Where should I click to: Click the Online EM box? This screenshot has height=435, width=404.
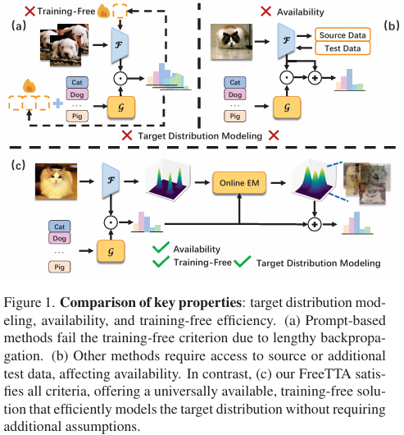pos(239,183)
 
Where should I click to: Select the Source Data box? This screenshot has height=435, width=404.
pos(343,35)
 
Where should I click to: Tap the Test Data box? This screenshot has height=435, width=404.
pos(343,48)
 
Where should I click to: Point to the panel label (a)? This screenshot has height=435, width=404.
pos(19,25)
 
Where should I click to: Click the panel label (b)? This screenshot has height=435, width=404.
pos(392,25)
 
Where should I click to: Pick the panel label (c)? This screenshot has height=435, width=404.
pos(18,165)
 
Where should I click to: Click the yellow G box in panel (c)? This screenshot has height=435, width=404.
pos(111,251)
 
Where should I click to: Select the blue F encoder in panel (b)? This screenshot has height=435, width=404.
pos(286,41)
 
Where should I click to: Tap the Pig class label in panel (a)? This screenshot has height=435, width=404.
pos(77,116)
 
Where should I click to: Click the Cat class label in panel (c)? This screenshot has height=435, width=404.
pos(59,227)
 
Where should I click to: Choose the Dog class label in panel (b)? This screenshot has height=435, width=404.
pos(235,94)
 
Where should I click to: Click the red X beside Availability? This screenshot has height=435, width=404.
pos(266,11)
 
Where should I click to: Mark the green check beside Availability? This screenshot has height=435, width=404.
pos(161,247)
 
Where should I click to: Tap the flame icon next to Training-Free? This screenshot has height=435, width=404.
pos(104,11)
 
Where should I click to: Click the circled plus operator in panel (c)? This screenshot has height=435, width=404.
pos(315,224)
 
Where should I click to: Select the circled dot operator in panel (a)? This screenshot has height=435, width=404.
pos(120,79)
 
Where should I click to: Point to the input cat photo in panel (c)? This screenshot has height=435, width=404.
pos(57,181)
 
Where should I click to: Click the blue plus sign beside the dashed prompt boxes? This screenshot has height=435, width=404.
pos(58,103)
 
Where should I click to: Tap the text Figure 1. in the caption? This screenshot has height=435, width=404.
pos(29,302)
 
